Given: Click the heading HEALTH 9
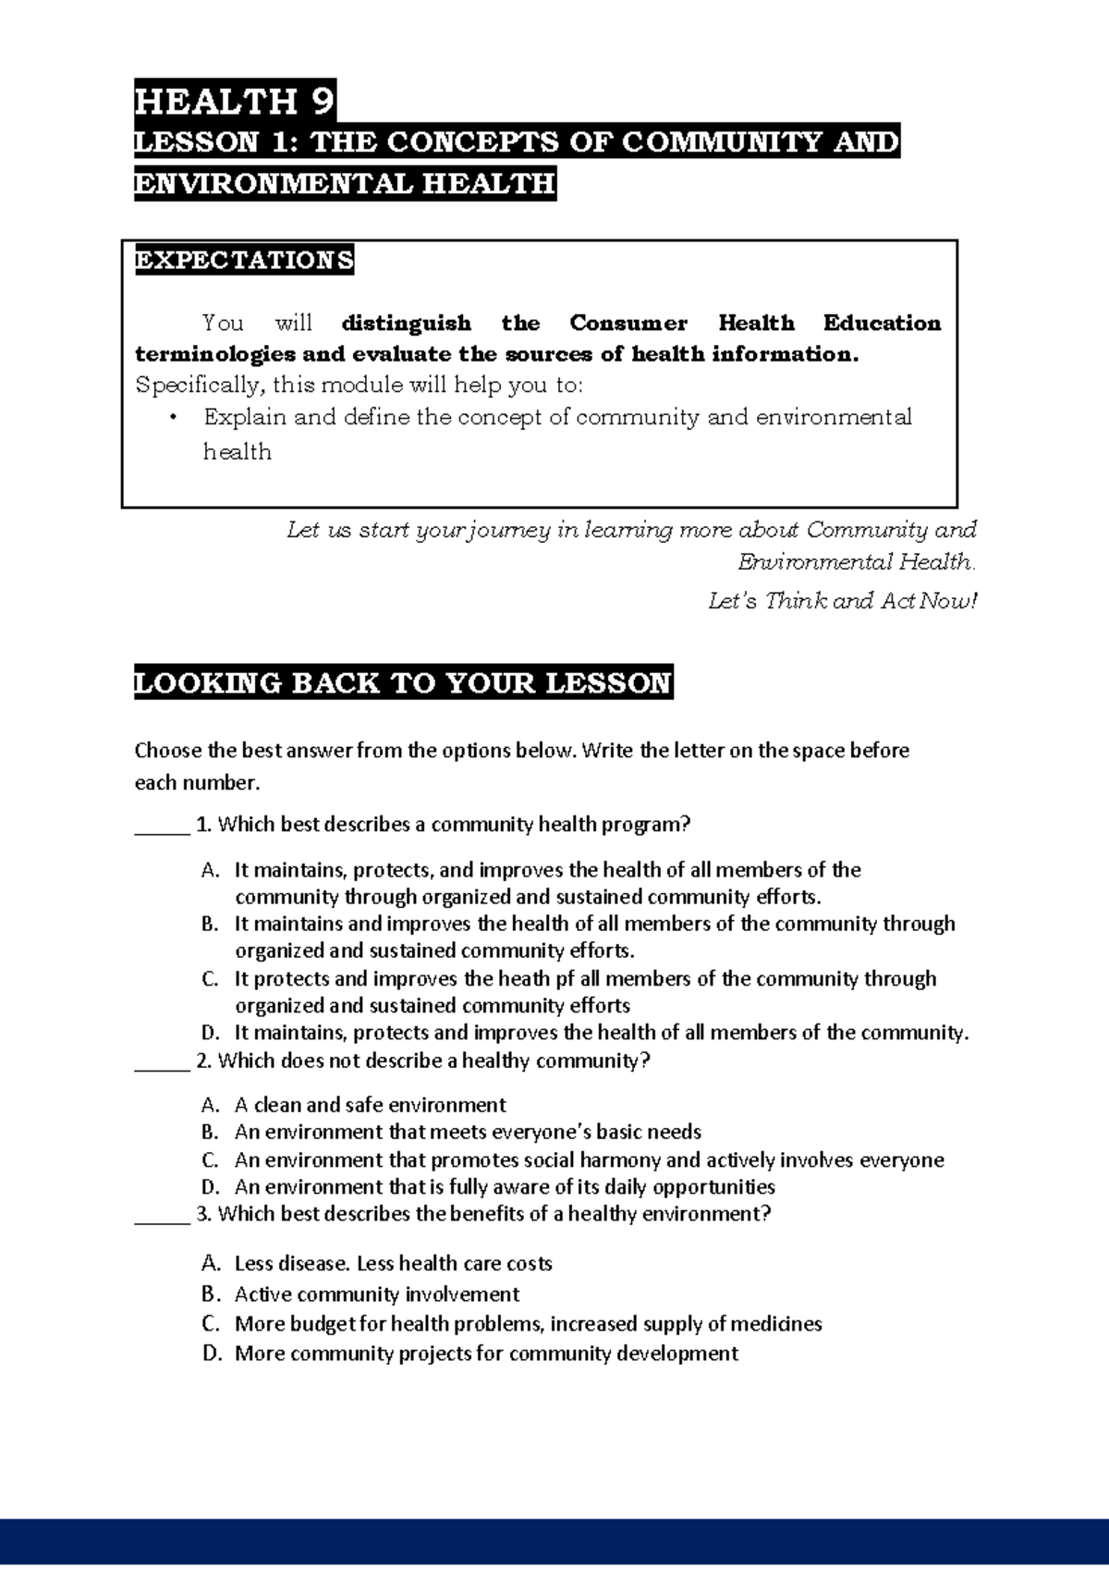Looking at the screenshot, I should pyautogui.click(x=235, y=100).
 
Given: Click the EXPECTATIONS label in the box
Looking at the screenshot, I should pyautogui.click(x=244, y=260).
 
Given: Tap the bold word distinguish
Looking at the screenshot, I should pyautogui.click(x=406, y=324).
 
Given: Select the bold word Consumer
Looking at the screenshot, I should pyautogui.click(x=628, y=324).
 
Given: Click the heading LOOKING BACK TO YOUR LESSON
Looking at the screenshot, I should pyautogui.click(x=403, y=683).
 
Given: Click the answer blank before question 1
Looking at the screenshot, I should pyautogui.click(x=162, y=826).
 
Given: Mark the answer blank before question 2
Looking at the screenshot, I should pyautogui.click(x=162, y=1062).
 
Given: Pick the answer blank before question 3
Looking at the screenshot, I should pyautogui.click(x=162, y=1215).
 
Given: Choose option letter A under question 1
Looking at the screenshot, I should pyautogui.click(x=210, y=870).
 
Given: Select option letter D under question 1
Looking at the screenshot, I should pyautogui.click(x=210, y=1033).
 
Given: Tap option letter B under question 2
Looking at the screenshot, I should pyautogui.click(x=210, y=1133).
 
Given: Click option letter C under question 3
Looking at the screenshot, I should pyautogui.click(x=210, y=1324).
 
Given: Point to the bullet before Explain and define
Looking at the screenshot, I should pyautogui.click(x=173, y=417).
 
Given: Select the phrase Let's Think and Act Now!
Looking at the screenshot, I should pyautogui.click(x=842, y=602).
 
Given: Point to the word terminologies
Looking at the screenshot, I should pyautogui.click(x=215, y=354).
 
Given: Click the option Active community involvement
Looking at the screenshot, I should pyautogui.click(x=376, y=1294).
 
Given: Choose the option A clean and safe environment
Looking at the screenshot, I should pyautogui.click(x=370, y=1106).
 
